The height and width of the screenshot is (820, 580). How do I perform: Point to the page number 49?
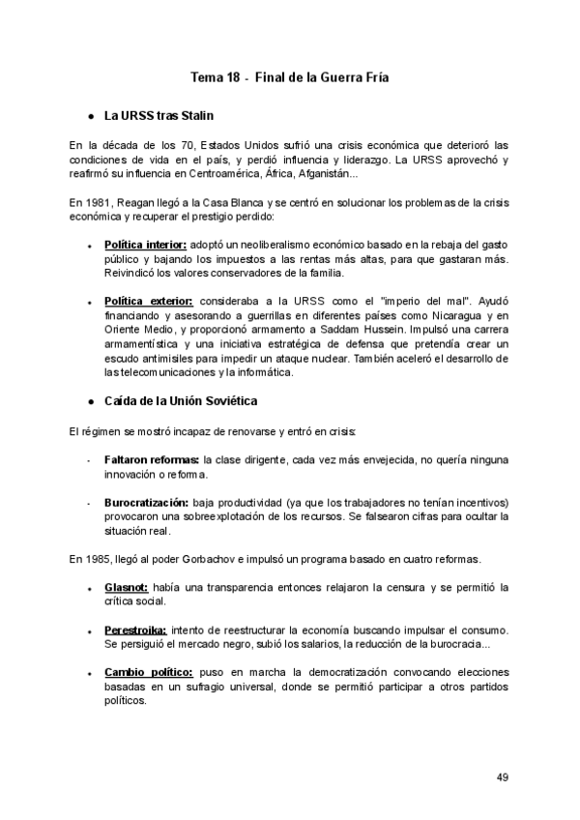tap(503, 776)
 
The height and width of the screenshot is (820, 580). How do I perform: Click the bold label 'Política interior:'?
tap(145, 246)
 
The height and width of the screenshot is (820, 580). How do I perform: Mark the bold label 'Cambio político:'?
tap(148, 672)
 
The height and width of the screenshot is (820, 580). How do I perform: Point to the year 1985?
tap(101, 559)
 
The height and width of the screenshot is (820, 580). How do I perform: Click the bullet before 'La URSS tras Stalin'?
tap(90, 116)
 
